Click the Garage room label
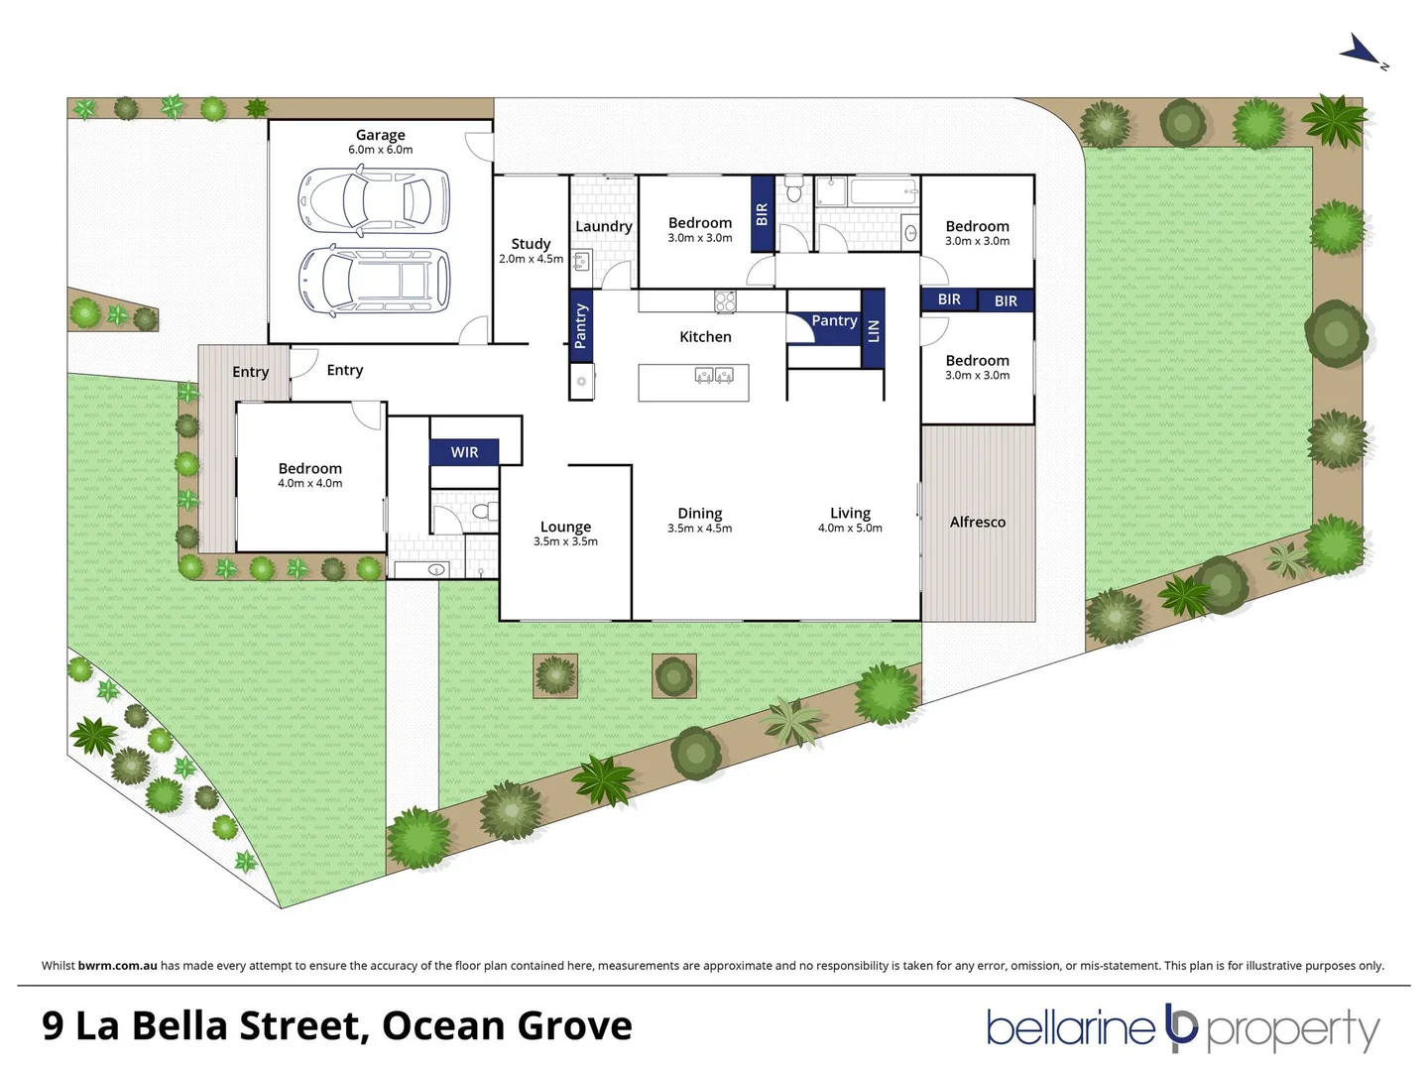click(x=380, y=135)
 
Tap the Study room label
click(x=531, y=244)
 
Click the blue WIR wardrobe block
click(x=464, y=452)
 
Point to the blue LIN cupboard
click(x=873, y=330)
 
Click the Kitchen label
click(x=705, y=337)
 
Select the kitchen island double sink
click(x=715, y=375)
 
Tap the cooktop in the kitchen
click(x=725, y=300)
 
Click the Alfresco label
click(x=977, y=522)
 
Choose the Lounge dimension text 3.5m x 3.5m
click(x=565, y=541)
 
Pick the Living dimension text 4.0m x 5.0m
click(x=850, y=529)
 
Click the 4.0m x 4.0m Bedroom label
click(x=309, y=469)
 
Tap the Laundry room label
click(x=603, y=226)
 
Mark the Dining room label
click(x=699, y=514)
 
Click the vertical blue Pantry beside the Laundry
click(x=581, y=326)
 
